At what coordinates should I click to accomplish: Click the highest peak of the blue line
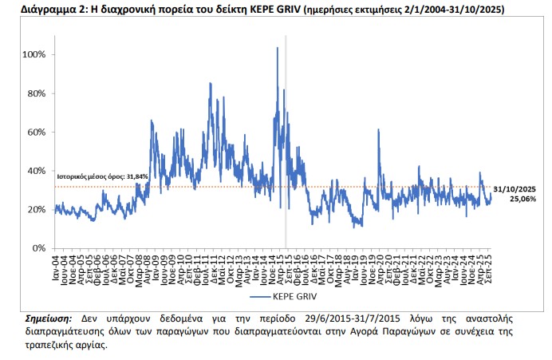click(x=277, y=48)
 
